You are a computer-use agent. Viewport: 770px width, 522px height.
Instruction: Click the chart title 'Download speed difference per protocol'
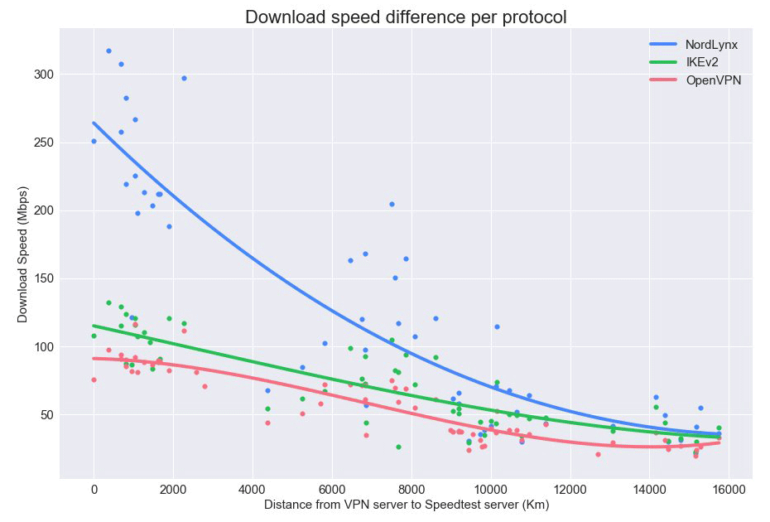[x=406, y=17]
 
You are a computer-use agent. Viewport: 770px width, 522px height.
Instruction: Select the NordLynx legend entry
[x=711, y=45]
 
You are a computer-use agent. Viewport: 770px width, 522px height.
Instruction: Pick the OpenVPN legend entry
[x=713, y=80]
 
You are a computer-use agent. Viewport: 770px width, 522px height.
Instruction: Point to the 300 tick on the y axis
[x=42, y=75]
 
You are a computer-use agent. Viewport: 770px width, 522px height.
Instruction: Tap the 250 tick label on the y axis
[x=42, y=143]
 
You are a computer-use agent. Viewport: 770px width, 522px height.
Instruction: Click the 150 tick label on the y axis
[x=42, y=278]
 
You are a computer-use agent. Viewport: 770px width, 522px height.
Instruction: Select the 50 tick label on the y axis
[x=46, y=414]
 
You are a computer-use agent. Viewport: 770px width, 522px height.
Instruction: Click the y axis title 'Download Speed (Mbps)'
[x=22, y=252]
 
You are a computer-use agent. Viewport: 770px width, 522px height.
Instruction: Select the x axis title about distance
[x=407, y=505]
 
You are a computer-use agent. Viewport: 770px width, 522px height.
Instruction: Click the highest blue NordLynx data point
[x=108, y=51]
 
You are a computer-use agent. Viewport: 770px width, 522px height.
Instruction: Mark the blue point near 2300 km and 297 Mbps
[x=184, y=79]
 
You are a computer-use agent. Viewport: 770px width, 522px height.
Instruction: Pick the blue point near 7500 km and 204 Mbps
[x=392, y=204]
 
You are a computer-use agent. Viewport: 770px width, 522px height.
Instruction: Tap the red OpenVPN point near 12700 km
[x=598, y=454]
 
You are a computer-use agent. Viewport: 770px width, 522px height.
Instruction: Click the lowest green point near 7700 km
[x=398, y=447]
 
